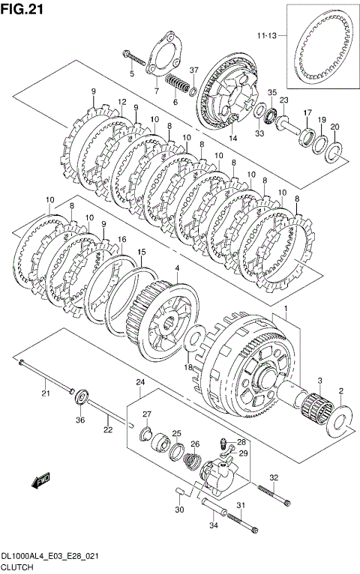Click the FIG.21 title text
(22, 9)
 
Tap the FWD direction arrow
(40, 480)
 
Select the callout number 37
(193, 70)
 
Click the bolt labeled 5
(134, 58)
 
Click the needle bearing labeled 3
(316, 411)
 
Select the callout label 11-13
(266, 35)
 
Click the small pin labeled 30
(179, 492)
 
